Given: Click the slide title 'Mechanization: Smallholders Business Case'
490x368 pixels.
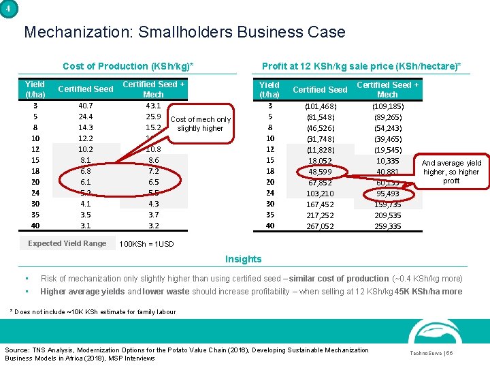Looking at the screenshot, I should (x=184, y=32).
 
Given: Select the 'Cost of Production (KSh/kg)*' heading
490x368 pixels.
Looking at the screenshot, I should (x=128, y=66).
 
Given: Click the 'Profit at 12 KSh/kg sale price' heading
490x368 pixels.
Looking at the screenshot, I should (x=361, y=66).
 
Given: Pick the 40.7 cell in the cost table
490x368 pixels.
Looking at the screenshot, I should (x=86, y=106).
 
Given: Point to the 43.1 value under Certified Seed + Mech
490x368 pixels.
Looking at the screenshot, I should (x=153, y=106).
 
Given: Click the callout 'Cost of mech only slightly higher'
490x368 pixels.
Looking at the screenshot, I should (x=200, y=123).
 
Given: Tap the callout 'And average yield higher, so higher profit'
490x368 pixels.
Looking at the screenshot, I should (x=451, y=172).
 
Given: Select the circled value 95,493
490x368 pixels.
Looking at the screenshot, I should (x=387, y=194).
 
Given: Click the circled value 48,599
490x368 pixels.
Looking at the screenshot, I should (x=320, y=172).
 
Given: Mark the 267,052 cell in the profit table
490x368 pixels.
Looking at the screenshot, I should (x=320, y=226).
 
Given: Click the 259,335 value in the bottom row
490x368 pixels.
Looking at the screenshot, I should (x=387, y=226).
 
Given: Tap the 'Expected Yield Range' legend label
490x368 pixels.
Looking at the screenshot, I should (x=67, y=243).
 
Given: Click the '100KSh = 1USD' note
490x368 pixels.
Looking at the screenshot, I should (x=146, y=244).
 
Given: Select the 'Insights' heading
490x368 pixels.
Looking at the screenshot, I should (x=243, y=259).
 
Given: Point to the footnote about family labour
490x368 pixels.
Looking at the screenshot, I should (x=93, y=312).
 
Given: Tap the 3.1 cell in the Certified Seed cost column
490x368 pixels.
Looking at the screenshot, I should (x=86, y=226).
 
